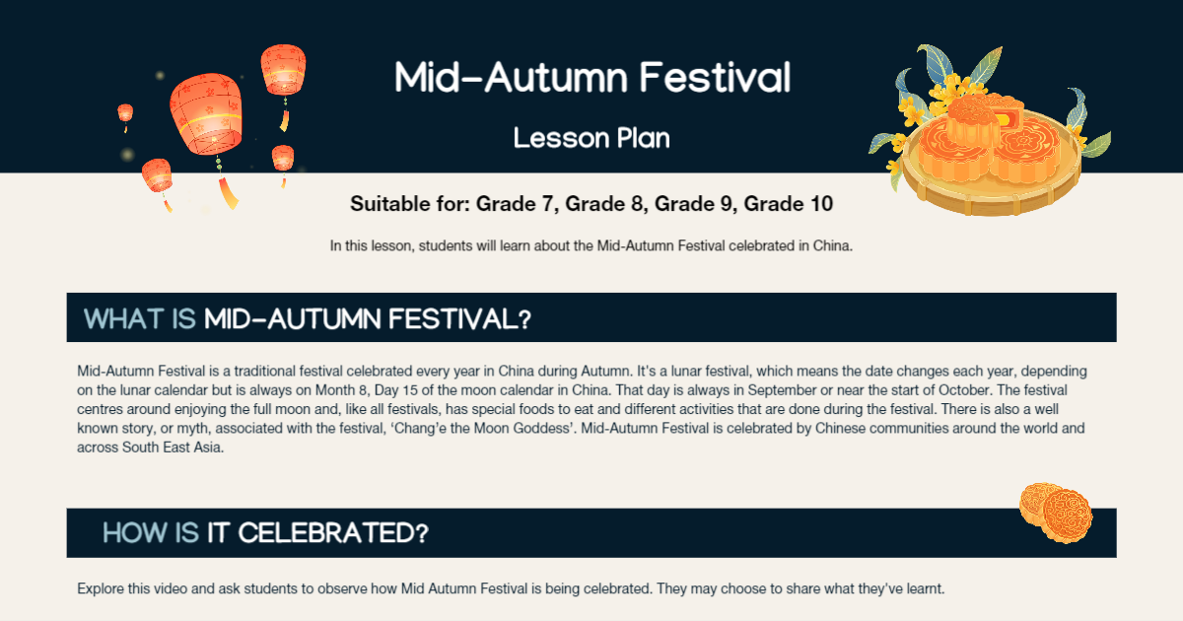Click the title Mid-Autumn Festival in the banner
tap(592, 77)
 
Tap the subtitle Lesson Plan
tap(591, 138)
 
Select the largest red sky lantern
tap(205, 114)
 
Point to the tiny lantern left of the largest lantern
tap(125, 115)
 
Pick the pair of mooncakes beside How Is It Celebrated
tap(1056, 511)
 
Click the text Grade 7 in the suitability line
tap(512, 205)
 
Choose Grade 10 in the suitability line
tap(789, 205)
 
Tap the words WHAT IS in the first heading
tap(140, 318)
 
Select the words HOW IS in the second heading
tap(151, 533)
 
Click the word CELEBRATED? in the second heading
tap(333, 533)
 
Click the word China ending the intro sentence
tap(832, 245)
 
